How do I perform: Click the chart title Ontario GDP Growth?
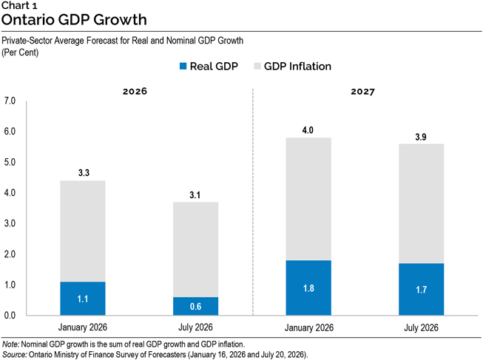coord(74,19)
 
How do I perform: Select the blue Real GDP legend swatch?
coord(183,66)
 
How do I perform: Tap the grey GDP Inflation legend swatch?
coord(257,66)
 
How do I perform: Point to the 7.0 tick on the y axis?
coord(10,101)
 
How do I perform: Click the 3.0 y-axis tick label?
coord(10,223)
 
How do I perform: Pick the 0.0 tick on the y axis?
coord(10,316)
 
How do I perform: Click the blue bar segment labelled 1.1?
coord(83,299)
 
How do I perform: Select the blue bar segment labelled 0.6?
coord(195,306)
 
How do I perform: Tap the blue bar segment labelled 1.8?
coord(308,288)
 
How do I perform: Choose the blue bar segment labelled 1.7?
coord(422,289)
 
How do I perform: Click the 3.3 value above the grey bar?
coord(84,173)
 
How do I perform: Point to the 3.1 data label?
coord(195,195)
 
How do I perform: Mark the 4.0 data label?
coord(308,130)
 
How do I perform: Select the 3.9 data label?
coord(421,137)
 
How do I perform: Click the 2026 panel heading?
coord(135,92)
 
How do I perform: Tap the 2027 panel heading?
coord(363,92)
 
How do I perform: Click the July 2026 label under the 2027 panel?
coord(421,327)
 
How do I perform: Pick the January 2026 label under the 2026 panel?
coord(83,327)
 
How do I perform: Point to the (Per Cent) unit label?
coord(20,52)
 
